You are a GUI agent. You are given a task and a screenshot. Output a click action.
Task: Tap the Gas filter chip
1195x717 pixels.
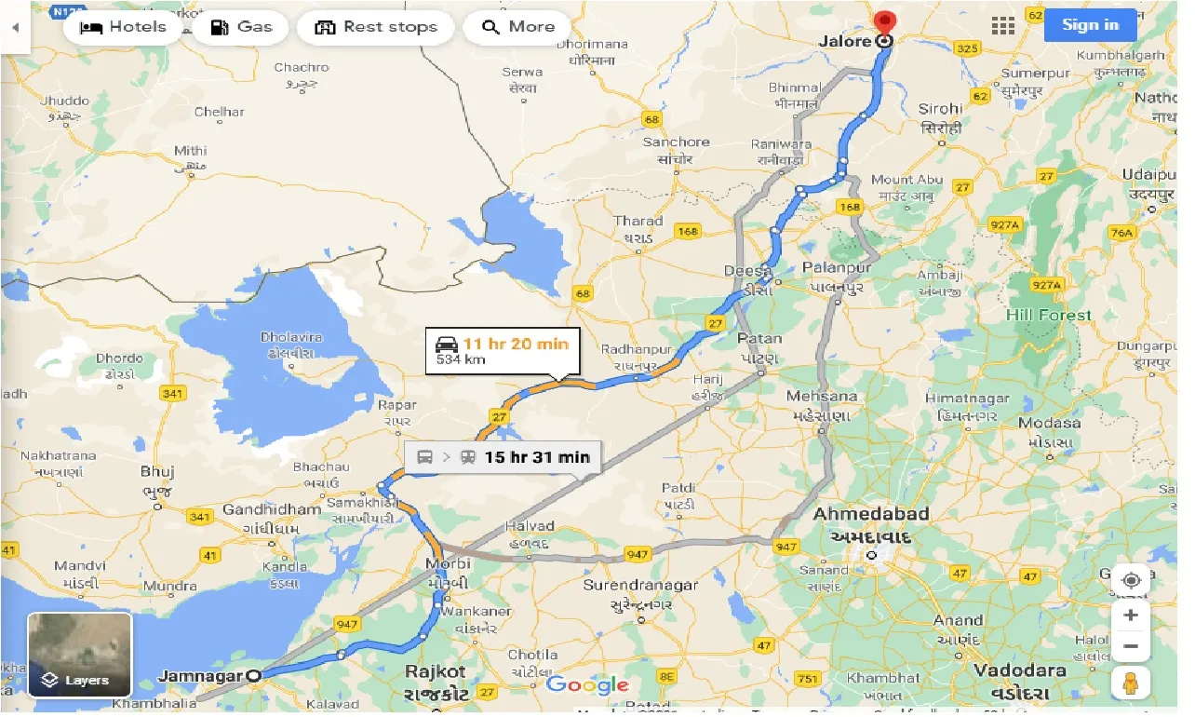241,27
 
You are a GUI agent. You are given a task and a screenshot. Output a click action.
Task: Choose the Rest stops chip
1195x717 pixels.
376,27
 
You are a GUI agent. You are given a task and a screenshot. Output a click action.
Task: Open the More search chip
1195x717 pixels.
517,27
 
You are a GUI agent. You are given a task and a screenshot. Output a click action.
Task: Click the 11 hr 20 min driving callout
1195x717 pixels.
503,351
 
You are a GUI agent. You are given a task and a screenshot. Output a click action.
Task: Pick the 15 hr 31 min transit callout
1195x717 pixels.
504,457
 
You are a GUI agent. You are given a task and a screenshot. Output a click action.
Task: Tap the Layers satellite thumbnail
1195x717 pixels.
79,655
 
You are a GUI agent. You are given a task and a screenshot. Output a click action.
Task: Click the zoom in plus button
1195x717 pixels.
1130,615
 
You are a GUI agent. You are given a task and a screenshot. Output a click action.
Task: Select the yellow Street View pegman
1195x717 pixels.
1130,683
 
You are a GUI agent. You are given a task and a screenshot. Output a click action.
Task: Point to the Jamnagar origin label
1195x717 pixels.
199,676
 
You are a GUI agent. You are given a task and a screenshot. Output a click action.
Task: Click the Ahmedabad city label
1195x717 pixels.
871,514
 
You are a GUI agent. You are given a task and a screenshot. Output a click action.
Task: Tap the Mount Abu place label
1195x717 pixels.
906,180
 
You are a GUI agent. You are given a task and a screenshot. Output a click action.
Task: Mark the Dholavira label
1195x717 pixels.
294,337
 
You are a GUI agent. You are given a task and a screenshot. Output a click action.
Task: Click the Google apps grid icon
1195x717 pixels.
1002,26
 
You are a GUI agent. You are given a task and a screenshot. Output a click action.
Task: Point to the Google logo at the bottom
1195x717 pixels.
587,685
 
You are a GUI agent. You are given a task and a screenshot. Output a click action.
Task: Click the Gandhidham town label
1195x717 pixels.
271,510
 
